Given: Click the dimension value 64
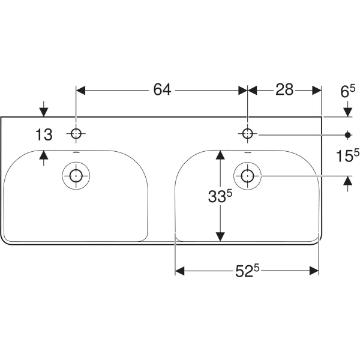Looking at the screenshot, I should (x=162, y=90).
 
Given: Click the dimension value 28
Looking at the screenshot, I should (x=284, y=90).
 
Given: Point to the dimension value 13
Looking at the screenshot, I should (x=44, y=134).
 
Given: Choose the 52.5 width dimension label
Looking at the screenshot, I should (x=247, y=271).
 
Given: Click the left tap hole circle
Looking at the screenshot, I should (x=76, y=134).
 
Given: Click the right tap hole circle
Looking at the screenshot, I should (x=247, y=134).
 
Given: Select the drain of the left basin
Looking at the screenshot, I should (x=76, y=176).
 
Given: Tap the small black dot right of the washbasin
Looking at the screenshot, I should (x=347, y=134).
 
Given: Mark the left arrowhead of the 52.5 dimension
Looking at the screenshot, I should (x=179, y=271).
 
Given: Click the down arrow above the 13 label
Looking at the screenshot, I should (x=44, y=112).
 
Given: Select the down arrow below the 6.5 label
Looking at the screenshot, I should (x=347, y=112).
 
